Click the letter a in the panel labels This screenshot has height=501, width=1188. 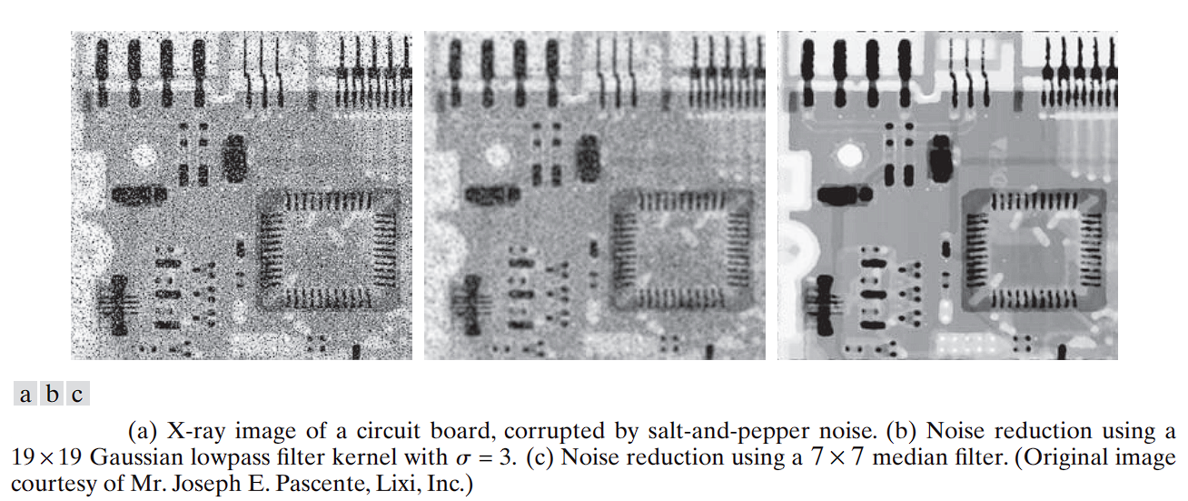26,394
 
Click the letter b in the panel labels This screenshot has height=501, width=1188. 53,394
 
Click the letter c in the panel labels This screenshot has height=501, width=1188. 77,394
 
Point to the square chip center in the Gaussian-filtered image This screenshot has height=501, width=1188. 681,249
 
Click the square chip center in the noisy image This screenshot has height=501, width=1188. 328,249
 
